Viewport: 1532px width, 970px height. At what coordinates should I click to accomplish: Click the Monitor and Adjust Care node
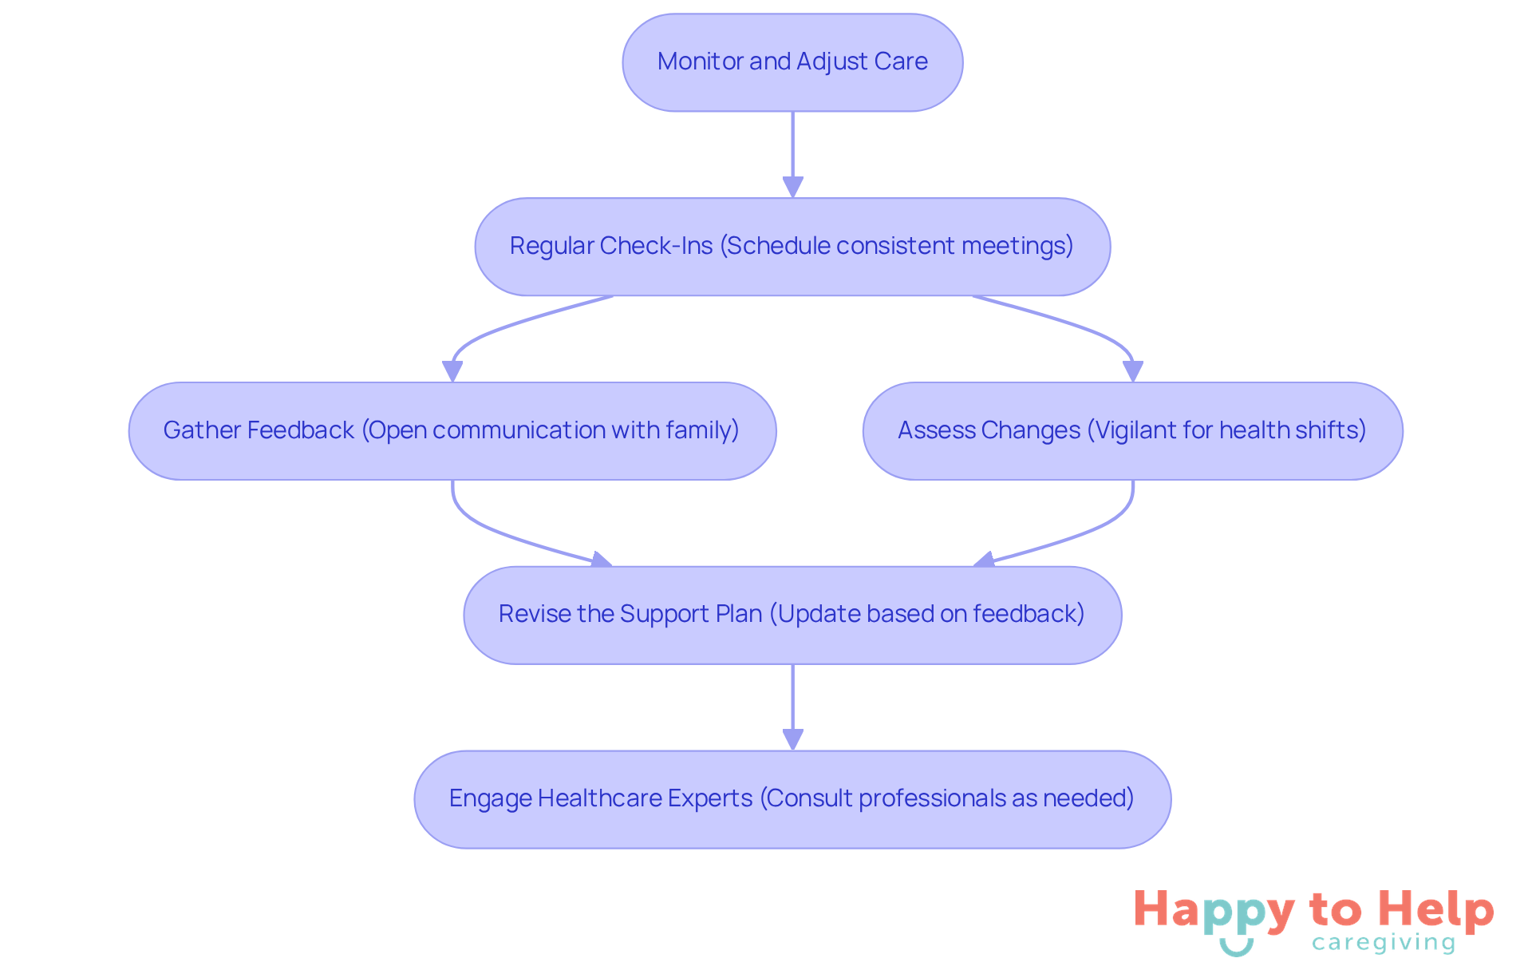[x=792, y=62]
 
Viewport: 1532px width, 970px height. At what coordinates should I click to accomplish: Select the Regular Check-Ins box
[x=792, y=247]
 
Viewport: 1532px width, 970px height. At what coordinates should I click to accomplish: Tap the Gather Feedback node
[x=452, y=431]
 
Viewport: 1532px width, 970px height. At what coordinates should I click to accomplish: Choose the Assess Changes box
[x=1132, y=431]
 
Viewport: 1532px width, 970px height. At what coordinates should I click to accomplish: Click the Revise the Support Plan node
[x=792, y=615]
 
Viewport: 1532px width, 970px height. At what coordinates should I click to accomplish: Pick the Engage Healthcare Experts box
[x=792, y=799]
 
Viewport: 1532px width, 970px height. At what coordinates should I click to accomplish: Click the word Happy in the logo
[x=1214, y=911]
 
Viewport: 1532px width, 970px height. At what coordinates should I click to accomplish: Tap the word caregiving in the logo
[x=1384, y=943]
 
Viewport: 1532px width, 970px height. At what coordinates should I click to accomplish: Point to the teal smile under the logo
[x=1236, y=948]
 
